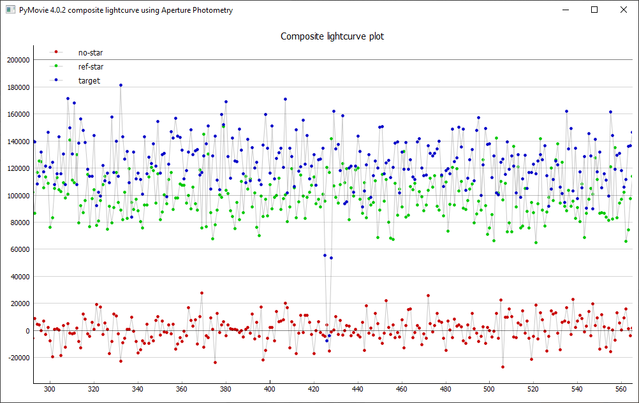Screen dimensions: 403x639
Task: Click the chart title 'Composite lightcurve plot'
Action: (332, 36)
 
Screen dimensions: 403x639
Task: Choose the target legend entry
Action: (89, 81)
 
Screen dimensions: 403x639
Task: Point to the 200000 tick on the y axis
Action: (18, 60)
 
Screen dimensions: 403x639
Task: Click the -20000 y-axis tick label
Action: (18, 358)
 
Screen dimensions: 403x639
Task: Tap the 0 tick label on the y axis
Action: (27, 331)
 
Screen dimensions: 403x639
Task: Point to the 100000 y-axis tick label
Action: (18, 195)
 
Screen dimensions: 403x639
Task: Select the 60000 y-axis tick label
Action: (20, 249)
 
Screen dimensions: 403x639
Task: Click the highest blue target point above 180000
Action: (121, 85)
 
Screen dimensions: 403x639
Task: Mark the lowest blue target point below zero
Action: (327, 341)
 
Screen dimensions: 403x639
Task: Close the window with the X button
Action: (624, 10)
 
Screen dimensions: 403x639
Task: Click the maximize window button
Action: (594, 10)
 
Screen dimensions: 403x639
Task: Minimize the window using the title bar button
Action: (565, 10)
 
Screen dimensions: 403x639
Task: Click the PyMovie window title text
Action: (126, 10)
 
